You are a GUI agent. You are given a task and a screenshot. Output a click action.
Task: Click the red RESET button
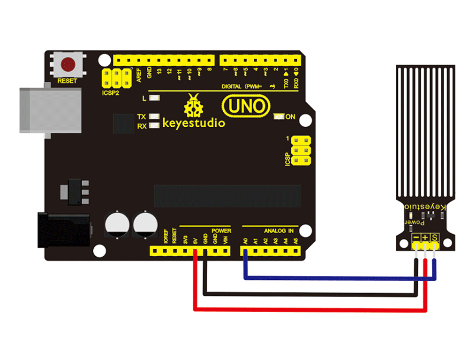click(68, 63)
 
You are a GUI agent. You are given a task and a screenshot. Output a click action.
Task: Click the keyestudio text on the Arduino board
click(193, 123)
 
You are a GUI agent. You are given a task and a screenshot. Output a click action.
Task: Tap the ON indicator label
click(290, 117)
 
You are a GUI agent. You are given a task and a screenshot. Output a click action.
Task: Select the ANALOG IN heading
click(278, 230)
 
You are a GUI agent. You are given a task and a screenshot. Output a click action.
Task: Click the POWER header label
click(221, 230)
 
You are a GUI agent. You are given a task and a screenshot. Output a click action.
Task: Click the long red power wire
click(310, 309)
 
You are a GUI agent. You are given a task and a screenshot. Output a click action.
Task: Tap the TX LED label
click(141, 116)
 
